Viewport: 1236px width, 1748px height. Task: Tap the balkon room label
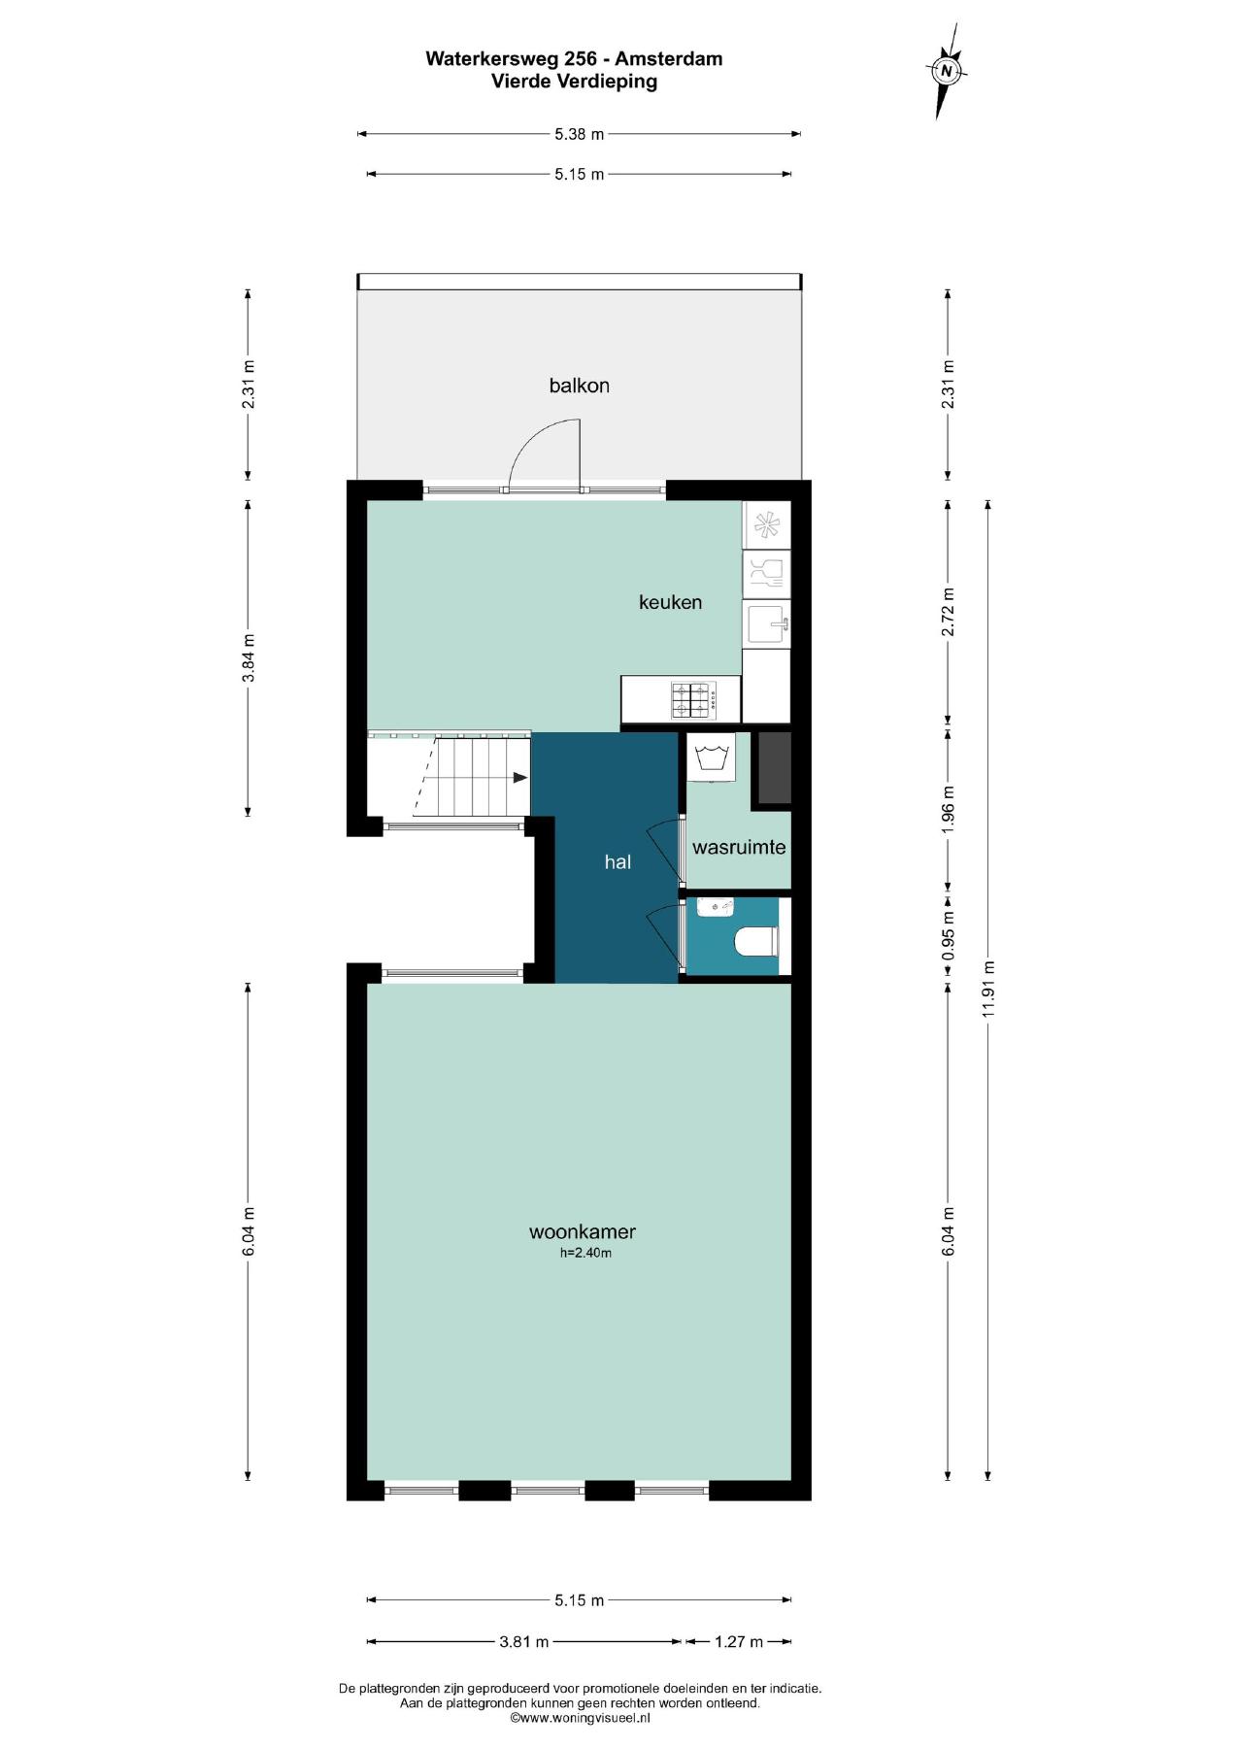coord(580,386)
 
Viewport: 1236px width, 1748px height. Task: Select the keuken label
coord(670,602)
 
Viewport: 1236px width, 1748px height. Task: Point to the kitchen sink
coord(767,624)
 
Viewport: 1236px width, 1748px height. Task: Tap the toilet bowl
coord(755,941)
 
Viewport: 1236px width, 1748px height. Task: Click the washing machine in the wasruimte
coord(711,756)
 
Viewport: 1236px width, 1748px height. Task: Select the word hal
coord(618,861)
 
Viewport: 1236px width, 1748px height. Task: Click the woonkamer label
coord(583,1231)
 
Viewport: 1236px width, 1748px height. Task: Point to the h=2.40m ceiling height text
coord(585,1253)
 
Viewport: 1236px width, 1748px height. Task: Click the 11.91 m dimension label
coord(988,989)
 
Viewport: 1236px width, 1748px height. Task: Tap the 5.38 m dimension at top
coord(580,134)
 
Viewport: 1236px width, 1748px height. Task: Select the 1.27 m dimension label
coord(739,1642)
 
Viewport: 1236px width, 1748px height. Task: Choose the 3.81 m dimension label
coord(524,1642)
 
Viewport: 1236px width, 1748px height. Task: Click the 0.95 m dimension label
coord(949,935)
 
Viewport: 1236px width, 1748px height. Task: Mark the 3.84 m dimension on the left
coord(248,657)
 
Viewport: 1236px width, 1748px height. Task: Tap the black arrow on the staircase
coord(520,777)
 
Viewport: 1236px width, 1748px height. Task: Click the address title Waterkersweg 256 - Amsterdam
coord(574,58)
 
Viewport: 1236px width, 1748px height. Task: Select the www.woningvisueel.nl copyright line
coord(580,1717)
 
